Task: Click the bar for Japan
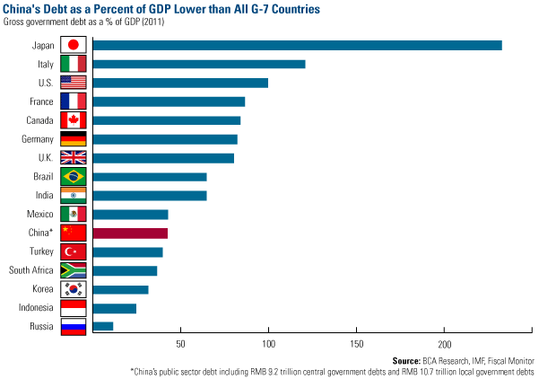[296, 45]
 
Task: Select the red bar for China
[129, 234]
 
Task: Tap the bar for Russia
[102, 326]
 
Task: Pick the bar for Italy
[198, 64]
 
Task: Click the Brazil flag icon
[73, 177]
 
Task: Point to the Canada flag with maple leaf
[73, 120]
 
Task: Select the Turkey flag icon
[73, 251]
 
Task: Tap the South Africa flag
[73, 270]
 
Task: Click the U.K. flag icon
[73, 158]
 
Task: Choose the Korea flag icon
[73, 289]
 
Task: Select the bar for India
[149, 196]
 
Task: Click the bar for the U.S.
[179, 83]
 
